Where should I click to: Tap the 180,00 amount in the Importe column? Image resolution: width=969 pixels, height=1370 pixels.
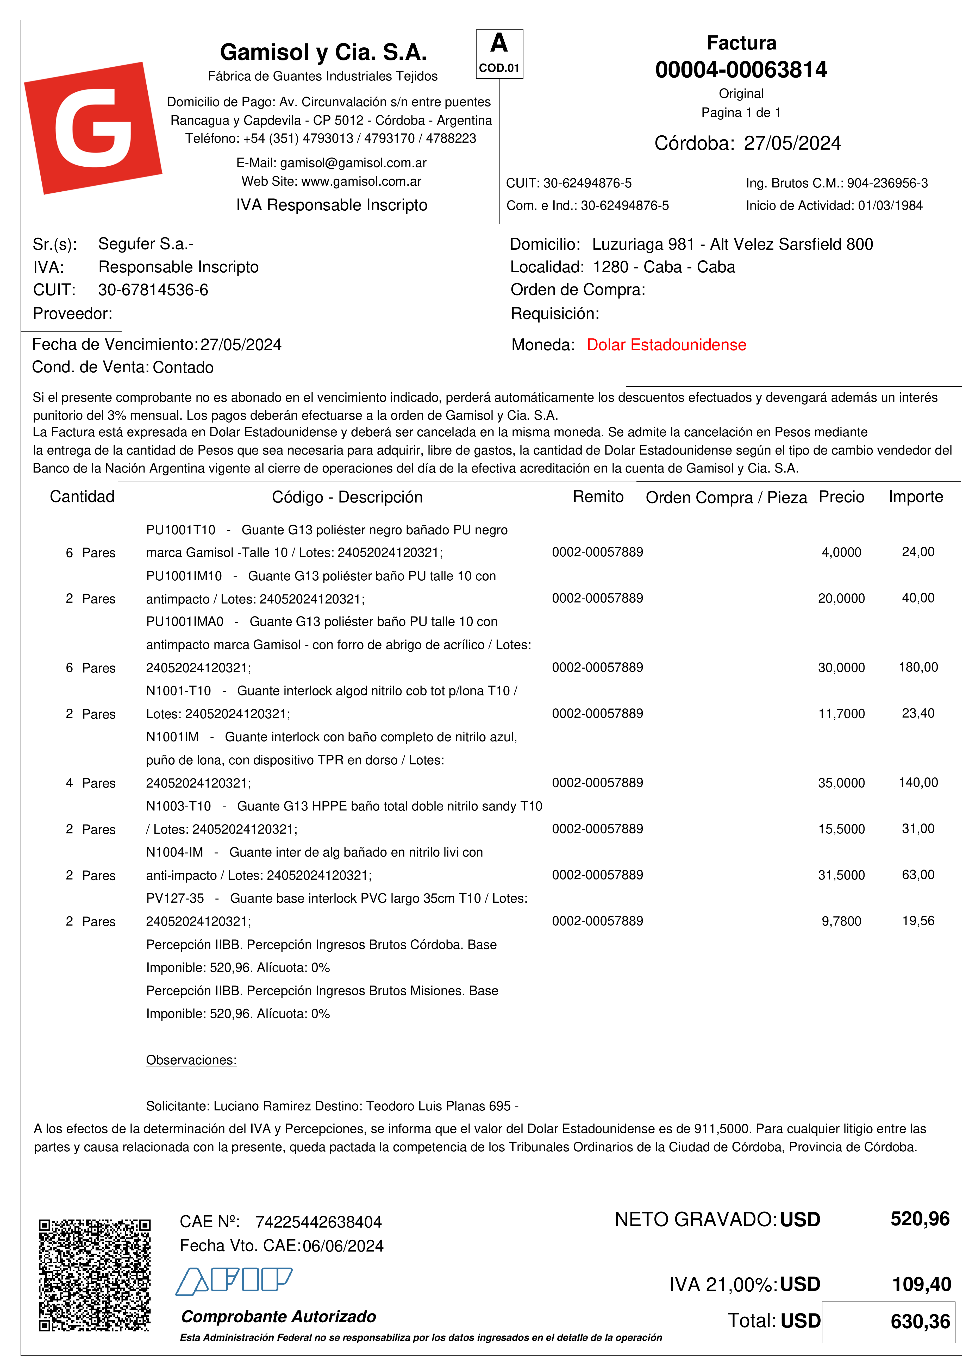point(918,667)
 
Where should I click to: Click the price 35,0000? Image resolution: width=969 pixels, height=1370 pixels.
point(841,783)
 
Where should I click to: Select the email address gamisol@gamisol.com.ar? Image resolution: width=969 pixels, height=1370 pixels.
point(353,163)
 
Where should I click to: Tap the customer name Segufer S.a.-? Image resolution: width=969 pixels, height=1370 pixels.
point(146,244)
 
